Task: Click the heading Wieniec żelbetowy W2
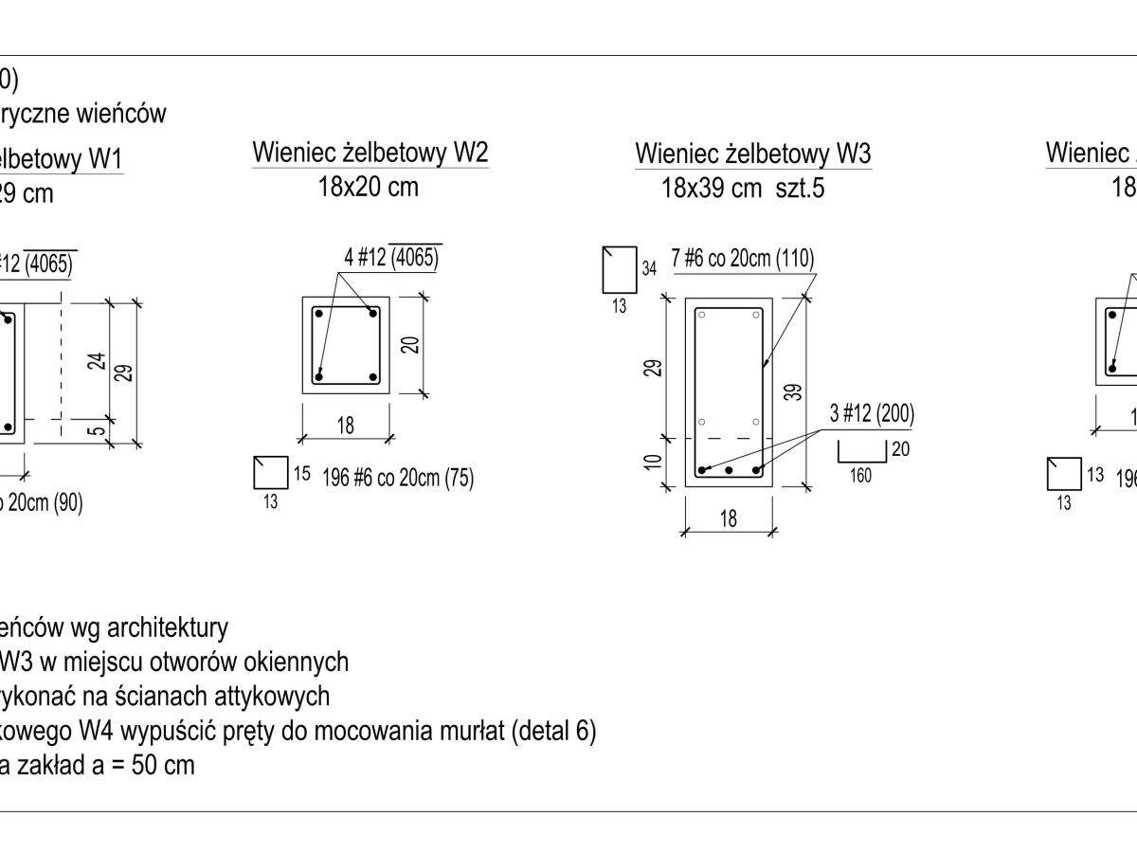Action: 370,153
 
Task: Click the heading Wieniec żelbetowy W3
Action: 753,154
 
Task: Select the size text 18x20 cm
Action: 368,187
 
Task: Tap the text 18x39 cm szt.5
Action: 743,188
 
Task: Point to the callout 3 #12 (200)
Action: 872,413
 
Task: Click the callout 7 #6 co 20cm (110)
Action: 743,259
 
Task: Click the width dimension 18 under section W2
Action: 346,426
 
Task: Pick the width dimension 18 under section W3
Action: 729,518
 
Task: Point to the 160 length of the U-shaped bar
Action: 860,477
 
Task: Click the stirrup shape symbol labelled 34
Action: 619,269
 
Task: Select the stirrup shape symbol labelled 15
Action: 270,472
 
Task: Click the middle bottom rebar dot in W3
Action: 729,470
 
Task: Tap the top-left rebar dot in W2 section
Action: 320,313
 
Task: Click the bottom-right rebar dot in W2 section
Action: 372,376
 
